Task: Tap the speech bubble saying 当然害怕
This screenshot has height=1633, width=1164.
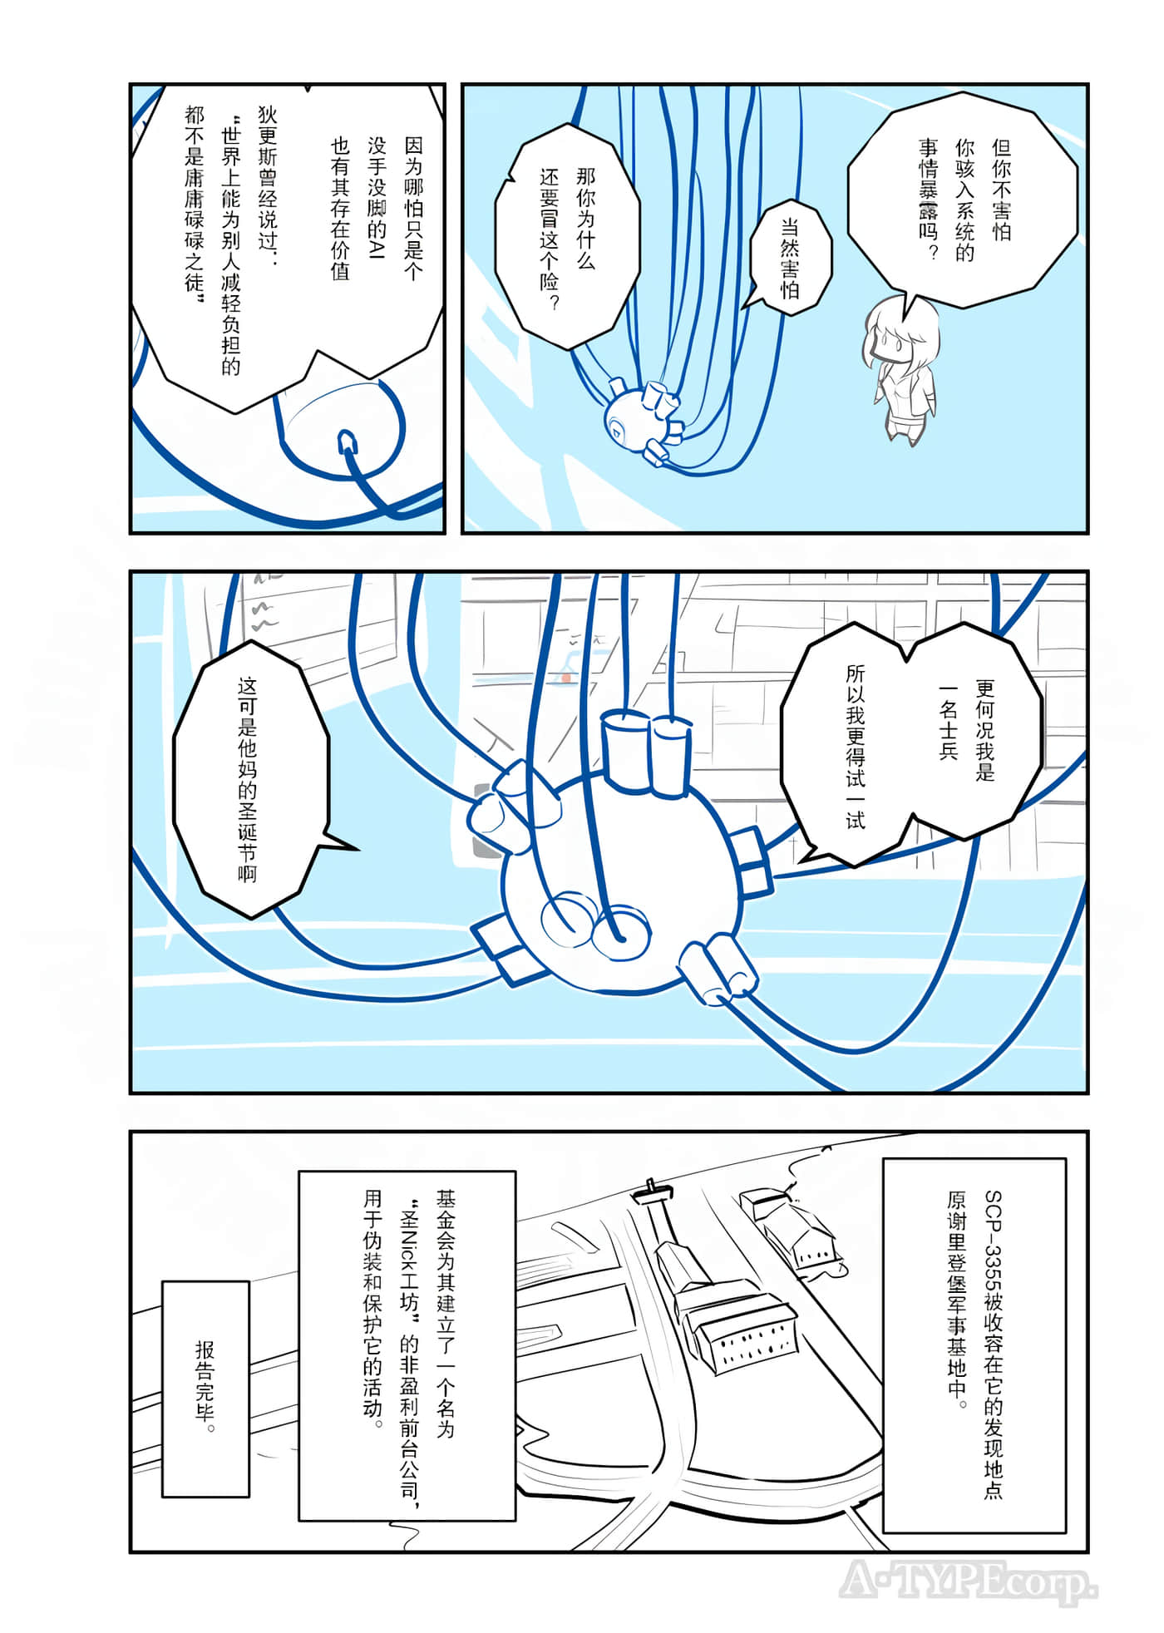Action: coord(790,257)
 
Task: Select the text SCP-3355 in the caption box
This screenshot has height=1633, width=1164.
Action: coord(993,1239)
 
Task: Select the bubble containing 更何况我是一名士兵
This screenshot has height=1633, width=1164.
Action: coord(911,744)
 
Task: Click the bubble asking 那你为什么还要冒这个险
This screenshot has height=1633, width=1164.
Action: coord(568,237)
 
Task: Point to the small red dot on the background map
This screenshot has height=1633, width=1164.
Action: coord(566,678)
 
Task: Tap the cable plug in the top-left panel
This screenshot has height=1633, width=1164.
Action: coord(348,443)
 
